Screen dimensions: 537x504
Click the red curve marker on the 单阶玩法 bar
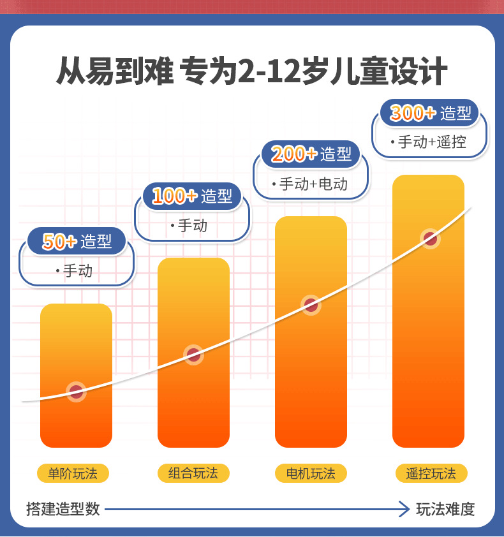pyautogui.click(x=76, y=392)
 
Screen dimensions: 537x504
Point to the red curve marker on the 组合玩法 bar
pyautogui.click(x=193, y=355)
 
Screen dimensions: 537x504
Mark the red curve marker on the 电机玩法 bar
pyautogui.click(x=311, y=305)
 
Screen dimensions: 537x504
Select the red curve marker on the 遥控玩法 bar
pyautogui.click(x=431, y=239)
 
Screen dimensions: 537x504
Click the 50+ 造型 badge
pyautogui.click(x=77, y=241)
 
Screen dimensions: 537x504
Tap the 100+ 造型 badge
pyautogui.click(x=192, y=196)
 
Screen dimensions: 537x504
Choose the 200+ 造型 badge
pyautogui.click(x=311, y=154)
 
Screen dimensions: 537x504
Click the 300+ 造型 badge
pyautogui.click(x=430, y=113)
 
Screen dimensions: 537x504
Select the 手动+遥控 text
pyautogui.click(x=432, y=142)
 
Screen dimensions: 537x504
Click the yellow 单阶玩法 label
pyautogui.click(x=73, y=473)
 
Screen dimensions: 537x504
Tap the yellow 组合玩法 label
pyautogui.click(x=193, y=473)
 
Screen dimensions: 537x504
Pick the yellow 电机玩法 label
pyautogui.click(x=311, y=473)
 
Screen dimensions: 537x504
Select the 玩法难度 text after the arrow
pyautogui.click(x=446, y=509)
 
